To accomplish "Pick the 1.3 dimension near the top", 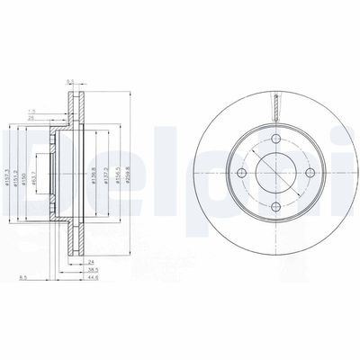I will tap(56, 108).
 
